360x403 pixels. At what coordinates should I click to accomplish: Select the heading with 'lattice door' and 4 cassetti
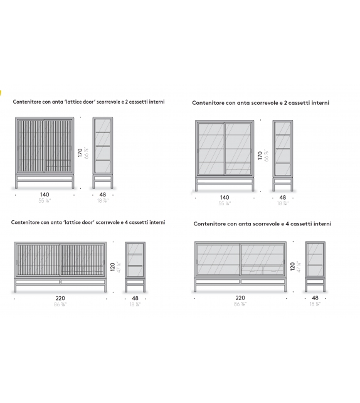point(88,222)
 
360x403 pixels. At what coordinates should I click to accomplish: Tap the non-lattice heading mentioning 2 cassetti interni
point(260,103)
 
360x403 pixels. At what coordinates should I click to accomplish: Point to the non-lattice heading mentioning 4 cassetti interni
point(262,223)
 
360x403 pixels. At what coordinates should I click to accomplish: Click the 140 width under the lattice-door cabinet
point(45,195)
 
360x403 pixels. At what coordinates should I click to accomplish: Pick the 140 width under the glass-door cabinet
point(225,197)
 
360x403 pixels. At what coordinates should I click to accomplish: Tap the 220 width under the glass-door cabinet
point(240,298)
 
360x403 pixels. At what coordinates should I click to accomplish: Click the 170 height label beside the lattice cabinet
point(80,152)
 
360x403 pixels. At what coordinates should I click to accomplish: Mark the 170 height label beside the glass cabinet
point(260,155)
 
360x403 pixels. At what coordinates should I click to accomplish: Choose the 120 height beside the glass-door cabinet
point(292,268)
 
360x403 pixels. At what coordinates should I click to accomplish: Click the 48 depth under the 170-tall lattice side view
point(103,195)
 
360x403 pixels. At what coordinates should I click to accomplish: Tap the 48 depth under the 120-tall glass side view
point(315,298)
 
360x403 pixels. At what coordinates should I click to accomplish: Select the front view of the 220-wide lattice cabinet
point(59,267)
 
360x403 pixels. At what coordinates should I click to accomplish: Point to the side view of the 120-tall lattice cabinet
point(135,267)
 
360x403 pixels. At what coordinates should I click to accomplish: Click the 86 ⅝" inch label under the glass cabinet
point(240,304)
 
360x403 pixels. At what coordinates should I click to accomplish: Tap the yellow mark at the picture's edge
point(1,94)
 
